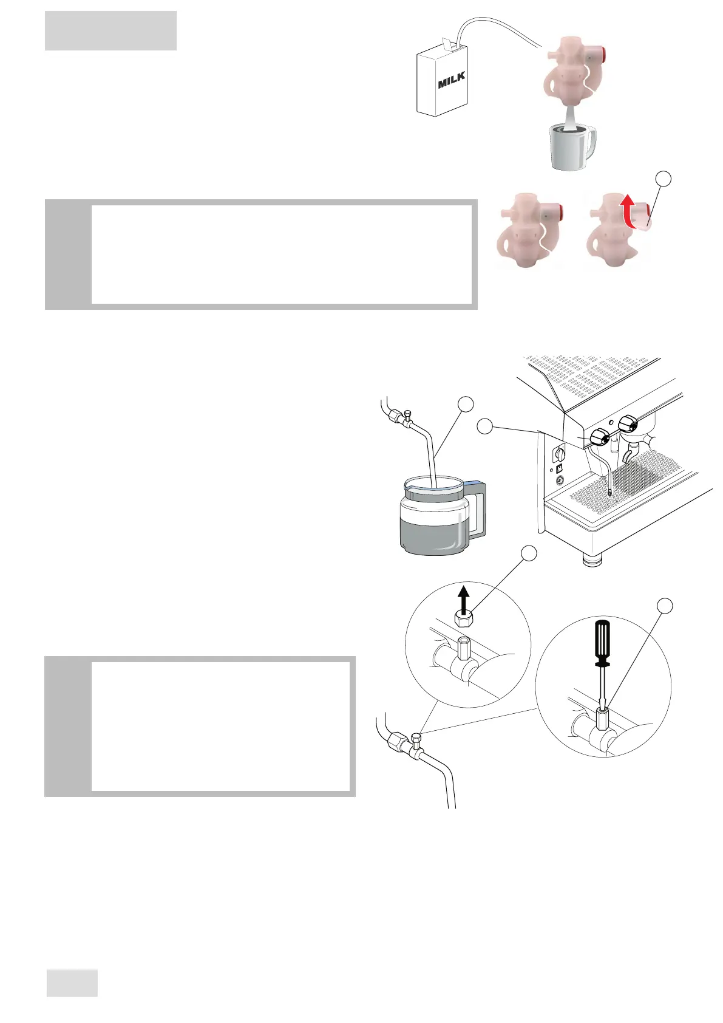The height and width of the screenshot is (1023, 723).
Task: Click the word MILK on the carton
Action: coord(452,80)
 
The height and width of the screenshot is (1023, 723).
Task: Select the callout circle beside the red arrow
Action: coord(664,179)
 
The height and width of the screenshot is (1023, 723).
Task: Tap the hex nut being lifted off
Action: coord(464,620)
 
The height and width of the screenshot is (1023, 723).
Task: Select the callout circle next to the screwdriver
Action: coord(665,605)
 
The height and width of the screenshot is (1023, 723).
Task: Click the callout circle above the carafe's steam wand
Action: coord(465,404)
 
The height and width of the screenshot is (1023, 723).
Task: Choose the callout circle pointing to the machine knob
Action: coord(485,426)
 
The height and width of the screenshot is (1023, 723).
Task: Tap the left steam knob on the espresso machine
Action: coord(600,436)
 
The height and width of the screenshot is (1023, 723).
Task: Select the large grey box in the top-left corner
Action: coord(110,30)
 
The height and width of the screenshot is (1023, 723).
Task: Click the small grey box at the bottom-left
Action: coord(72,983)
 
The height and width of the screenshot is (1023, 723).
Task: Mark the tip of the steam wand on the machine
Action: coord(608,493)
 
